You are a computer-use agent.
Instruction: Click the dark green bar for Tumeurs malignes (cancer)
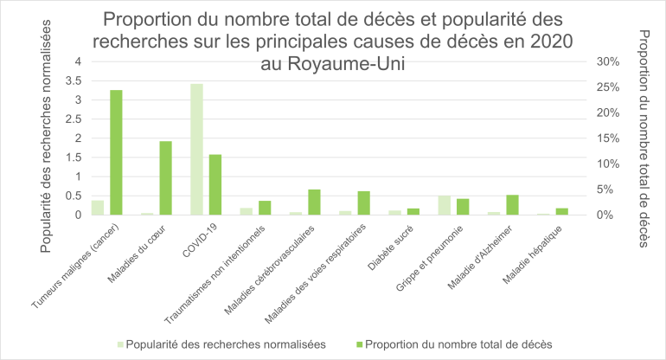pos(116,152)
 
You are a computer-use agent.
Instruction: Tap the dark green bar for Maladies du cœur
pos(165,177)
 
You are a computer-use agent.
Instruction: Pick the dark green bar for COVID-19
pos(215,184)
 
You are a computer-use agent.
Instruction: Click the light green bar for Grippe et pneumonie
pos(445,205)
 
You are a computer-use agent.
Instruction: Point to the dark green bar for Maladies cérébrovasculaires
pos(314,202)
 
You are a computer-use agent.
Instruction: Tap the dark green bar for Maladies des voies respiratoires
pos(364,202)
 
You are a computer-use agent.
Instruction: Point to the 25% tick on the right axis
pos(608,87)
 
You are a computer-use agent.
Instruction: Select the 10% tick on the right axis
pos(608,164)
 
